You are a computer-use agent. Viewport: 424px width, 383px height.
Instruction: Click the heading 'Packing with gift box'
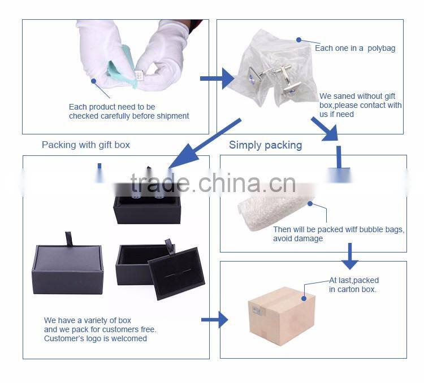(86, 145)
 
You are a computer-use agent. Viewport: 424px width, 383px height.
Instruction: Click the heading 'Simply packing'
(265, 145)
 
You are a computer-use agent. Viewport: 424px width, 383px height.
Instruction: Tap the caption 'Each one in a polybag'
(355, 49)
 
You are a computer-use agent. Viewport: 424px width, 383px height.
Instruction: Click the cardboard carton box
(282, 316)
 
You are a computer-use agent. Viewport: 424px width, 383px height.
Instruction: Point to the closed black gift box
(68, 269)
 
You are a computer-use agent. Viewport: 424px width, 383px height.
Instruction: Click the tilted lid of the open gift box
(176, 273)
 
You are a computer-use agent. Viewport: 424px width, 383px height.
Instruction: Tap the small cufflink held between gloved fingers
(139, 75)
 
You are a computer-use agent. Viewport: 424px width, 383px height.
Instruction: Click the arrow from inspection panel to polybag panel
(217, 79)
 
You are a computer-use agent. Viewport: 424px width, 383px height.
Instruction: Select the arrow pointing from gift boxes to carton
(214, 320)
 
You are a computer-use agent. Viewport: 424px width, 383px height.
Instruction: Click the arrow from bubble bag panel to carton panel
(349, 256)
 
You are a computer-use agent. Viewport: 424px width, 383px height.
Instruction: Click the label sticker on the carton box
(257, 311)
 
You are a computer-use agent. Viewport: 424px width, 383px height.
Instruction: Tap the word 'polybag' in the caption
(381, 49)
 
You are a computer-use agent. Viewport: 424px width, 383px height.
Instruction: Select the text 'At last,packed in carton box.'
(354, 285)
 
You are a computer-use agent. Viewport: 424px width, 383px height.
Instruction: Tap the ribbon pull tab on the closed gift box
(68, 238)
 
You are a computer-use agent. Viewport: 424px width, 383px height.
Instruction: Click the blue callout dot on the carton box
(304, 298)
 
